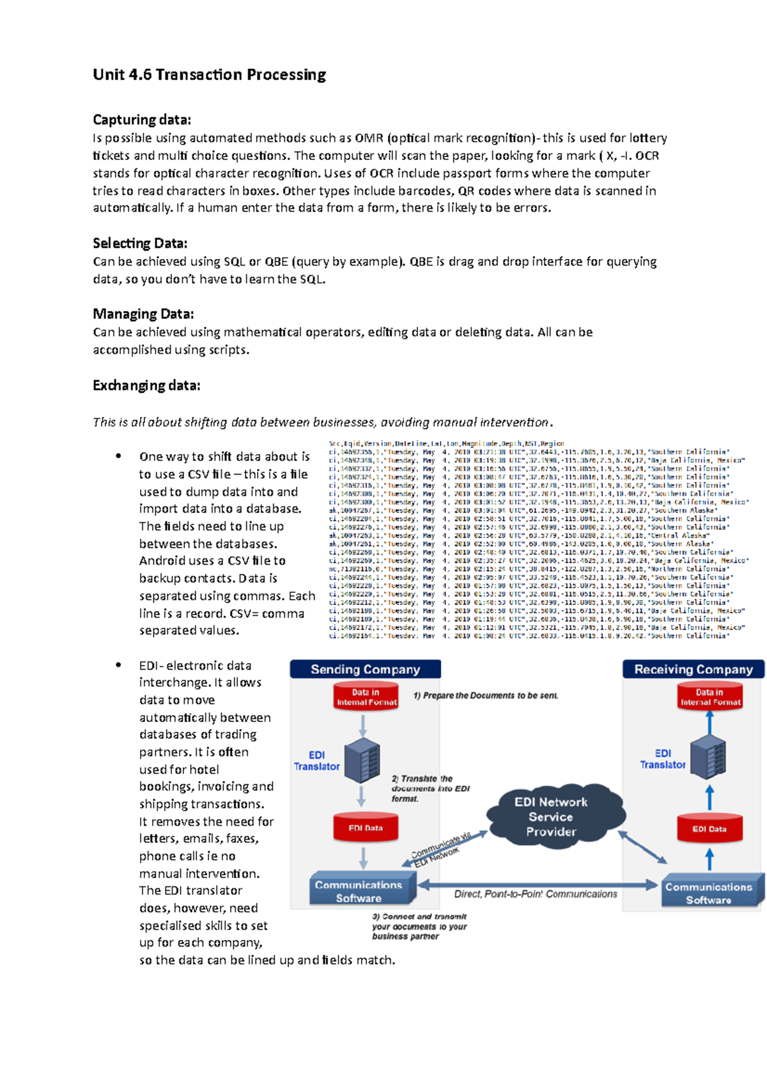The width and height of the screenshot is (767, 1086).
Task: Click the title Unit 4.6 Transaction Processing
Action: coord(209,75)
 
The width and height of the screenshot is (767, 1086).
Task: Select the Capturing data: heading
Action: coord(142,120)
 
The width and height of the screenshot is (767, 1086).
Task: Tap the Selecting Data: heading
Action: coord(140,243)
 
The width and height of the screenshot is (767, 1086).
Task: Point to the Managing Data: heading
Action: coord(143,314)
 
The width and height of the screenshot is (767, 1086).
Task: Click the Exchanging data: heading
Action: coord(146,385)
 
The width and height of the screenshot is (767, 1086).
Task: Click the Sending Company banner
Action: coord(365,670)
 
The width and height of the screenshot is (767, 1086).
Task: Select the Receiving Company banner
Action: coord(693,670)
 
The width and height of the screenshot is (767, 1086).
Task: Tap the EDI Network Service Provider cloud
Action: coord(551,817)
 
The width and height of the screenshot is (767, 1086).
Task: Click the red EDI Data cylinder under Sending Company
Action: coord(365,827)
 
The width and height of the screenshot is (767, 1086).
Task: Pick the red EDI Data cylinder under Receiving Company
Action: coord(709,828)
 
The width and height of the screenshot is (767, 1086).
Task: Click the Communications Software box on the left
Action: coord(359,890)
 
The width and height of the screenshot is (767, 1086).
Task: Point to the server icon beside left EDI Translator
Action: coord(362,760)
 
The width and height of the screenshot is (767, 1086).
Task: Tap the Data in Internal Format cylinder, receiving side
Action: coord(709,696)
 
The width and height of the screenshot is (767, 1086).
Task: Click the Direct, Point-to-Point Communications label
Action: coord(535,894)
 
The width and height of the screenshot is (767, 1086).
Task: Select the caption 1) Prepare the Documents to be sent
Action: coord(485,696)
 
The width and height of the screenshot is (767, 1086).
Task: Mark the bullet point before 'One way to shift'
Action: coord(118,456)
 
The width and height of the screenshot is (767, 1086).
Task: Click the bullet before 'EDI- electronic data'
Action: coord(118,665)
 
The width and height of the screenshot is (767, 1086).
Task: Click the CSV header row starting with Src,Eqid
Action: coord(446,443)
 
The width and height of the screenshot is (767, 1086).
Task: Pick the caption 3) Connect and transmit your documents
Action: coord(419,926)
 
